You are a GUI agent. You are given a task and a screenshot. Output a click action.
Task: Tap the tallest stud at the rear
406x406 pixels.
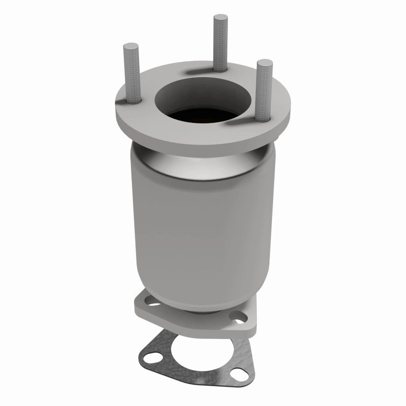[220, 41]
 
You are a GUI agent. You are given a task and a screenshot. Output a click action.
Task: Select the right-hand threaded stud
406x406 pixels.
[264, 91]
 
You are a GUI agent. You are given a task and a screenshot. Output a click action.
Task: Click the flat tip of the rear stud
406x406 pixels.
[220, 18]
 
